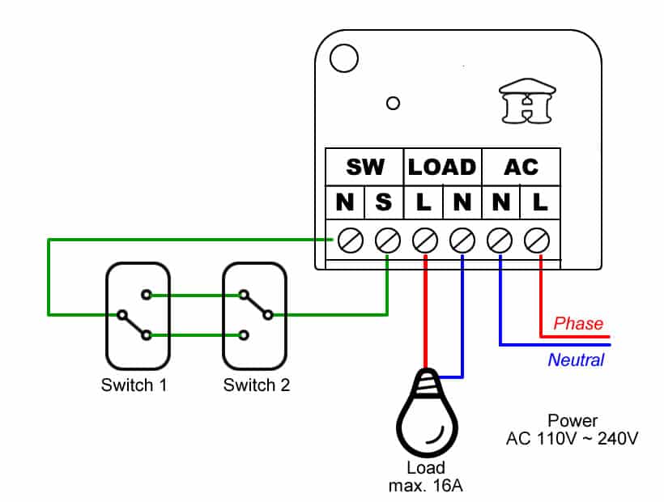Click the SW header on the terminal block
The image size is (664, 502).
365,167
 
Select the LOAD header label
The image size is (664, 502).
442,167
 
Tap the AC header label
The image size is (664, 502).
521,167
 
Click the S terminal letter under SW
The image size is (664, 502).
384,202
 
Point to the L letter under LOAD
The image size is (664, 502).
424,202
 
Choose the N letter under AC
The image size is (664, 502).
501,202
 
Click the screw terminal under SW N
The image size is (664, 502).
350,240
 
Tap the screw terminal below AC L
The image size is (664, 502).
537,240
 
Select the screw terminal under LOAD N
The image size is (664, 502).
462,240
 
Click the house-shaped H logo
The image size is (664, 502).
527,100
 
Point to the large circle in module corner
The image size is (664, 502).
344,58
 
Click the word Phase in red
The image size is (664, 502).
578,323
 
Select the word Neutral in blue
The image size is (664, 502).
577,360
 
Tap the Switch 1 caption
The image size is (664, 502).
134,385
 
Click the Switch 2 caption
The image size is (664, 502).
257,385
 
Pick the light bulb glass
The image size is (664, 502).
427,423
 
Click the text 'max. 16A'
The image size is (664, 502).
426,486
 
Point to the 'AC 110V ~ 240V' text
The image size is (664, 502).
572,439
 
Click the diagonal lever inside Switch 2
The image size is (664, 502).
256,304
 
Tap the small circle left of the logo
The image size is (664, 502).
393,104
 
